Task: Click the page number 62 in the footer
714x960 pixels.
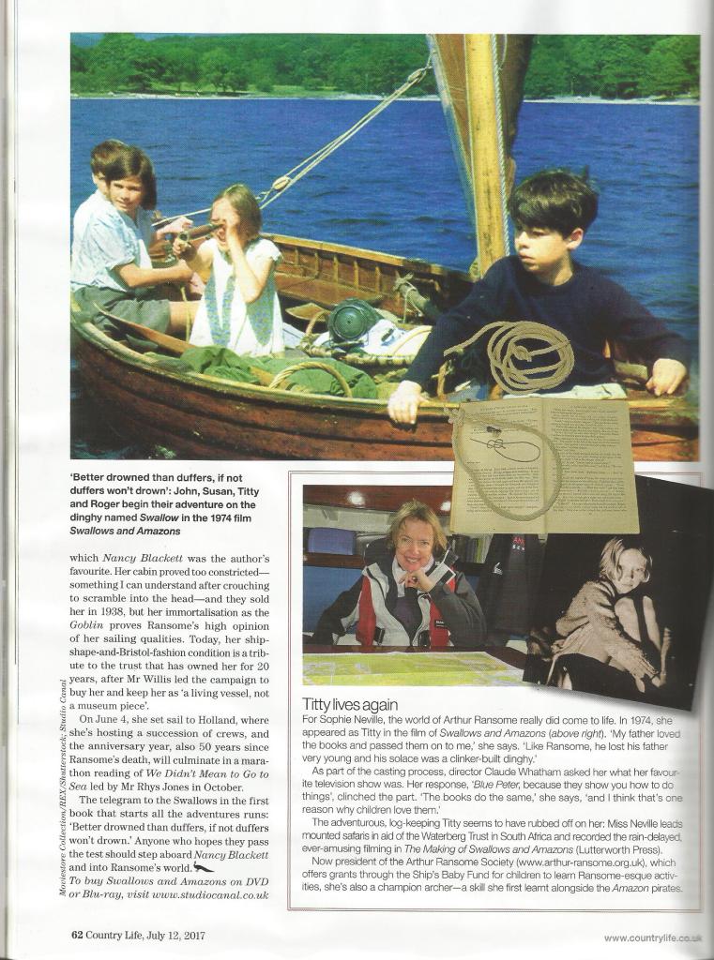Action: pyautogui.click(x=79, y=935)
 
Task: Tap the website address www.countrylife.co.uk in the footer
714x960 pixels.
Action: pyautogui.click(x=652, y=937)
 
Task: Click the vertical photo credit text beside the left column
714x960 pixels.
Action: pyautogui.click(x=62, y=787)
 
